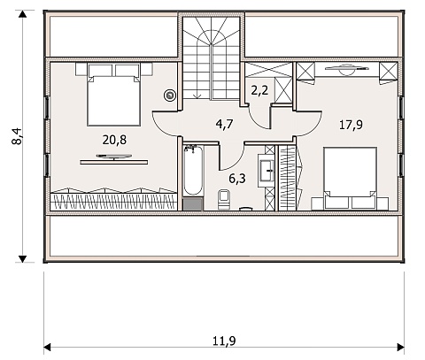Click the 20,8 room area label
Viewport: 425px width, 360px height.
[114, 140]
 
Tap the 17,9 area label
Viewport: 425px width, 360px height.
[351, 125]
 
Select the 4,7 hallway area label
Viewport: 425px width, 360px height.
[224, 124]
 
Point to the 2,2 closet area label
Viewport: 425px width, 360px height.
[259, 90]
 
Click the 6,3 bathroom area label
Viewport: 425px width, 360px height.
[237, 179]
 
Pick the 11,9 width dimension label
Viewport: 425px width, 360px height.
[224, 341]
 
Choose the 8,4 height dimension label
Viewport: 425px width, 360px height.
[17, 136]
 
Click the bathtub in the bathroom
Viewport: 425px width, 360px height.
[193, 170]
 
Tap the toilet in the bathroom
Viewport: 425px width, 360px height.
[224, 200]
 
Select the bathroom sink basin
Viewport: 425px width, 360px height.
[267, 170]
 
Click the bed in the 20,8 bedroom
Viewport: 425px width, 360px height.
[113, 95]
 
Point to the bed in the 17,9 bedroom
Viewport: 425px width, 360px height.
[350, 179]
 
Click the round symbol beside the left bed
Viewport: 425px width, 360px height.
[170, 96]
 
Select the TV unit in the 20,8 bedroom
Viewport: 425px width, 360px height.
[114, 159]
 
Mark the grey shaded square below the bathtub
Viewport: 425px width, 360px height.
[193, 204]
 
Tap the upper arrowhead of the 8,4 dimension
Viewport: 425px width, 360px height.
[22, 14]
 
